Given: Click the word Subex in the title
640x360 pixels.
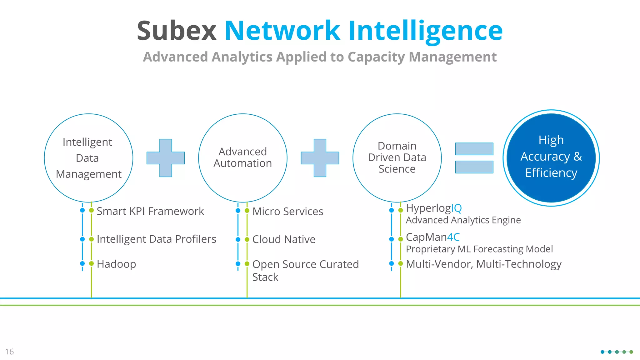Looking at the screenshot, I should tap(177, 31).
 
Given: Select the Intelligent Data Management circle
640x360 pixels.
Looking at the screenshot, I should tap(88, 158).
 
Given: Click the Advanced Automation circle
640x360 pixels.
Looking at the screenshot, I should tap(242, 158).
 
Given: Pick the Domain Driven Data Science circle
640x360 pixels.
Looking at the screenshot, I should tap(397, 158).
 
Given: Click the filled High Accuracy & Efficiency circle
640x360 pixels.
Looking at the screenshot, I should tap(551, 158).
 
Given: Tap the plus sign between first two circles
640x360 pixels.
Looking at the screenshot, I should tap(166, 158).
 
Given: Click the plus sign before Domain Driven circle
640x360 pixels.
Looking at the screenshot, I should tap(320, 158).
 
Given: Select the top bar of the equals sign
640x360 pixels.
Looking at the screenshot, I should tap(474, 149).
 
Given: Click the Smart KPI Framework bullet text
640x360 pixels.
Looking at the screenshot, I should tap(150, 211).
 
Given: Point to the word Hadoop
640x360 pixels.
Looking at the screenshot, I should tap(116, 264).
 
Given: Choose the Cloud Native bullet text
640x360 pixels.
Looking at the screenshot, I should tap(284, 239).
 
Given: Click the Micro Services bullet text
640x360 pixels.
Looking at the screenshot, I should tap(287, 212).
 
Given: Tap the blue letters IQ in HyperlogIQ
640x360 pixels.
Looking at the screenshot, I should tap(456, 208).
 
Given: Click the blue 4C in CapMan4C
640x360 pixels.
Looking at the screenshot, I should tap(453, 237).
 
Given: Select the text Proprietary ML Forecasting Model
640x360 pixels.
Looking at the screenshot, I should tap(479, 249).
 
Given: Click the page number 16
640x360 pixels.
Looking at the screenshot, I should tap(9, 352).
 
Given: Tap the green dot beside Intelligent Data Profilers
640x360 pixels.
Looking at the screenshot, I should tap(91, 239).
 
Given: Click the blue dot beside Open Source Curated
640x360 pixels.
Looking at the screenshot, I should tap(238, 264).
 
